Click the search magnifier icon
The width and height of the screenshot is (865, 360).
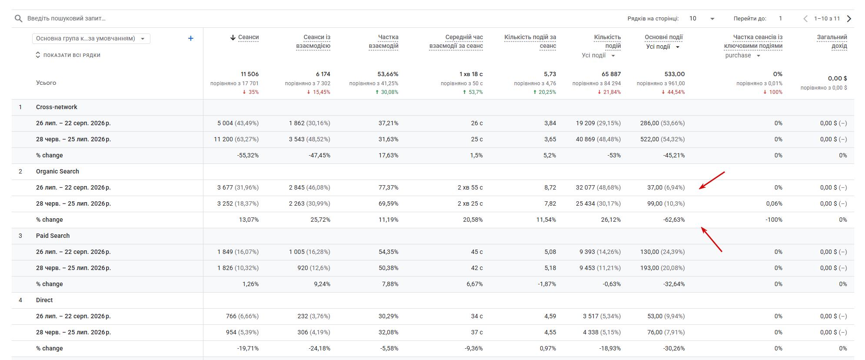18,18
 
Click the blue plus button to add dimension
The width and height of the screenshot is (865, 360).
190,38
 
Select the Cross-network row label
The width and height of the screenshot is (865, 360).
57,107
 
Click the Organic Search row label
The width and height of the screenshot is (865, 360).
57,171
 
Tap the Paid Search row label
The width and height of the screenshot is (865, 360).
53,236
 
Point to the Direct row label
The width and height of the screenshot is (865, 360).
44,300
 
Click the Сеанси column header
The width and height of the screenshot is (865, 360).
248,37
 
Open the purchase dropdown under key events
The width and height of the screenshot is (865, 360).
742,55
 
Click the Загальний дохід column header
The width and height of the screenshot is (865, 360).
832,41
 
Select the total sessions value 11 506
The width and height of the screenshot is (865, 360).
250,74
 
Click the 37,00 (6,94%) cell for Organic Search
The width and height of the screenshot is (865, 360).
666,187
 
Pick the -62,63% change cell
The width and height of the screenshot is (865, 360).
674,220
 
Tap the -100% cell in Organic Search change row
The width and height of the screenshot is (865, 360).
774,220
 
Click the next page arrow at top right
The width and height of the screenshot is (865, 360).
849,18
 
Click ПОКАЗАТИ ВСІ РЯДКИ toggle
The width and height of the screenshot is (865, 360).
68,55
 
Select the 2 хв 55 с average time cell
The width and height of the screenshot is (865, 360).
470,187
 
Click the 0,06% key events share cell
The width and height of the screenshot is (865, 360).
774,203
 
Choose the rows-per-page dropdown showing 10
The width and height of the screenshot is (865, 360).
702,18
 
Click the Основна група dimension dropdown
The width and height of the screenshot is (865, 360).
91,38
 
